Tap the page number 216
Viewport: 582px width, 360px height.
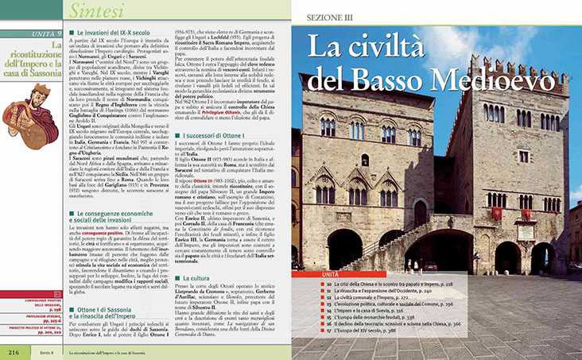click(x=14, y=350)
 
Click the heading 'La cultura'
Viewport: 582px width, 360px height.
click(x=196, y=278)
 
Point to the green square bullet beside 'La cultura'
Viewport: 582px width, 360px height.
click(x=177, y=279)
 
